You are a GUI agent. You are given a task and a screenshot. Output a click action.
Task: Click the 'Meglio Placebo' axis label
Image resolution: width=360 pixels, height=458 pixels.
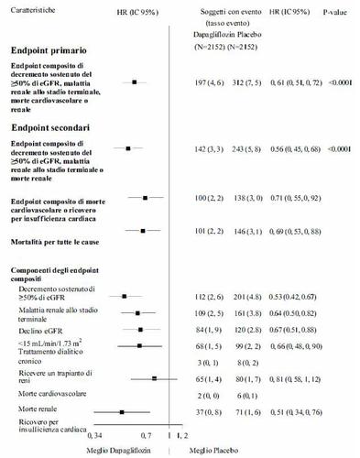212,450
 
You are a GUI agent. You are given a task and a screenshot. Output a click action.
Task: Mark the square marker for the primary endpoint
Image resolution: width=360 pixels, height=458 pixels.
135,82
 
